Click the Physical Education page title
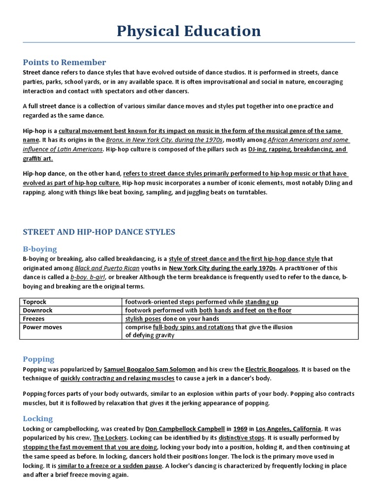click(x=189, y=31)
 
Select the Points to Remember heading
click(x=64, y=62)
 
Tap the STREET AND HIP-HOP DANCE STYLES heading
click(x=99, y=232)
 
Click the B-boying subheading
click(x=40, y=249)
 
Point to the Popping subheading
click(x=38, y=359)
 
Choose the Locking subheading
click(x=38, y=418)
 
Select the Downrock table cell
click(x=37, y=310)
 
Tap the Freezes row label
click(x=34, y=318)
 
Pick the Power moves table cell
click(x=41, y=327)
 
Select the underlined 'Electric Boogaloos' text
click(x=272, y=369)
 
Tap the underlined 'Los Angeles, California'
click(x=288, y=428)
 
